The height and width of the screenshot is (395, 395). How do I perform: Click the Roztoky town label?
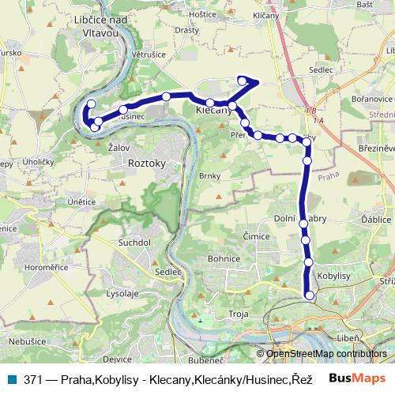coord(146,164)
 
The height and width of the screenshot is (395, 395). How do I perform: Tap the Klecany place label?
coord(213,111)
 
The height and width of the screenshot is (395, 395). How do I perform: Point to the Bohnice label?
coord(224,258)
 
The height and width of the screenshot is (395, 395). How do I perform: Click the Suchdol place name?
coord(134,243)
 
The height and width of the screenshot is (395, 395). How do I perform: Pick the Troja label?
coord(239,314)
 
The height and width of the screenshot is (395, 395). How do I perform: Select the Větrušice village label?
coord(148,55)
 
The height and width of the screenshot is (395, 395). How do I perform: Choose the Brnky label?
coord(209,176)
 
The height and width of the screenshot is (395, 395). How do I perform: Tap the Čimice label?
coord(257,236)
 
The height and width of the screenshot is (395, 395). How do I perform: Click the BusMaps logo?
coord(357,378)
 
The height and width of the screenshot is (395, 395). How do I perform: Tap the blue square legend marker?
coord(11,378)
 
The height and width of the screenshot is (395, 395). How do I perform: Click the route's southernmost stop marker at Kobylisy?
coord(310,295)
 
